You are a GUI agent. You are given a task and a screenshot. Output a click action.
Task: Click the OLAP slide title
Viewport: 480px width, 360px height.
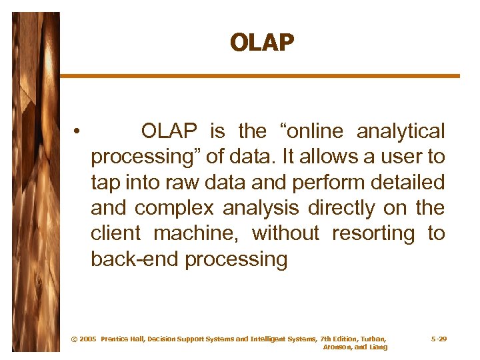[x=261, y=43]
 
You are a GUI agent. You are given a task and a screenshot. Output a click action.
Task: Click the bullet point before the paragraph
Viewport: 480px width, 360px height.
[x=78, y=131]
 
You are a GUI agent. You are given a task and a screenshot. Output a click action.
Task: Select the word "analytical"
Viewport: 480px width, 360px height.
[x=400, y=131]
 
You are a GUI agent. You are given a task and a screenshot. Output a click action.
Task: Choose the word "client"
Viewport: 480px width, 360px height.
[x=115, y=234]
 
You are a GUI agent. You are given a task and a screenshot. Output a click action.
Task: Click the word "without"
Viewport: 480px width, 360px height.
[x=286, y=234]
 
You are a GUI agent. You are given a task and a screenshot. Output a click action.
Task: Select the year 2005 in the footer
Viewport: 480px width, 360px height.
[x=87, y=339]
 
